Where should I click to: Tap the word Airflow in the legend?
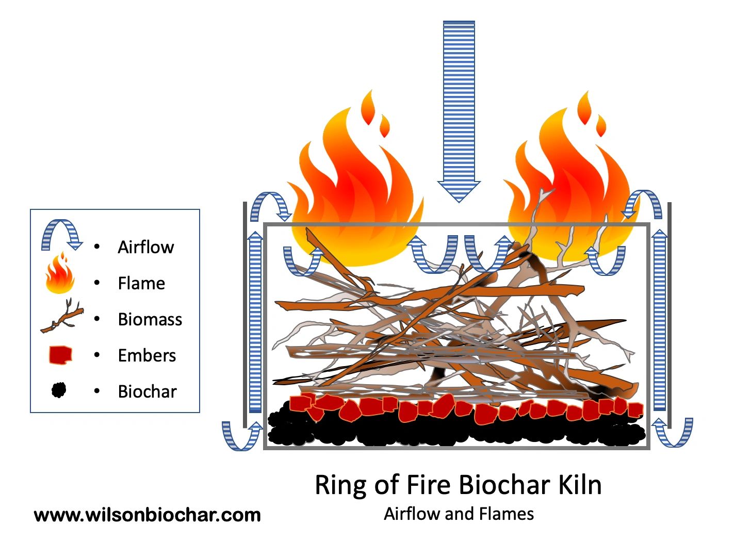click(x=145, y=247)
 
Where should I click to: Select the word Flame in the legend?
click(x=141, y=283)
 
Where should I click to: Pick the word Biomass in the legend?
click(x=150, y=319)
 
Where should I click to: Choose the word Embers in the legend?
click(x=146, y=355)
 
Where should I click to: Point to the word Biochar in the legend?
click(x=147, y=391)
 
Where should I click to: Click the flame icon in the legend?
click(x=60, y=274)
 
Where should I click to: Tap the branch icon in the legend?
click(x=62, y=316)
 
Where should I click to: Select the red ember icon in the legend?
click(x=60, y=355)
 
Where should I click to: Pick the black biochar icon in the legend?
click(x=59, y=390)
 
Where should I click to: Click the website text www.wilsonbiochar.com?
click(x=147, y=515)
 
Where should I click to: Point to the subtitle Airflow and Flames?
click(x=459, y=514)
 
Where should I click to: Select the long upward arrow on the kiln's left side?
click(x=255, y=322)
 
